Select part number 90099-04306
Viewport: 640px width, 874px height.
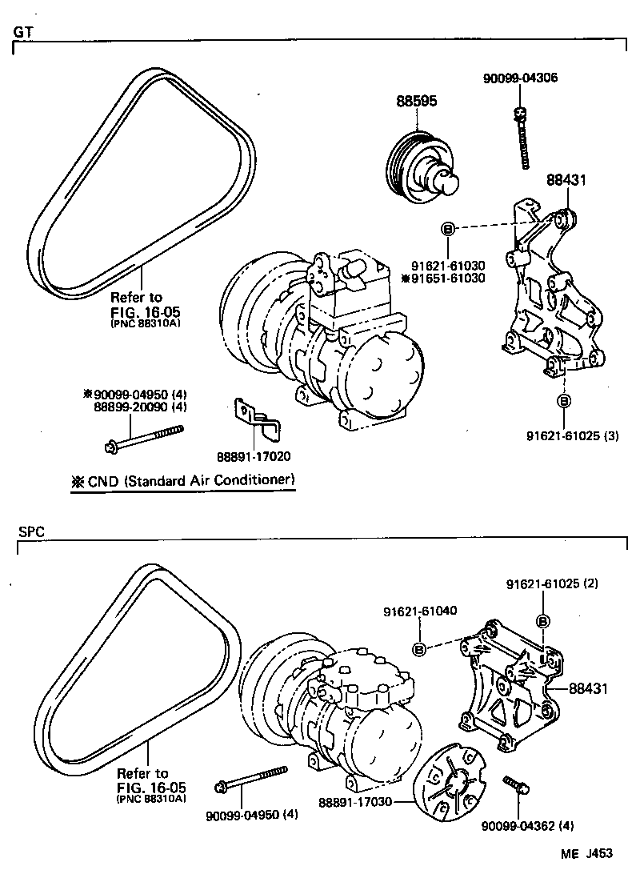click(520, 78)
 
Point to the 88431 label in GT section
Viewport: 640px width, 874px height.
click(566, 181)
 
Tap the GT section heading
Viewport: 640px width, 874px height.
click(22, 32)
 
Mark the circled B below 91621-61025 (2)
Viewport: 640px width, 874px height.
click(542, 621)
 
